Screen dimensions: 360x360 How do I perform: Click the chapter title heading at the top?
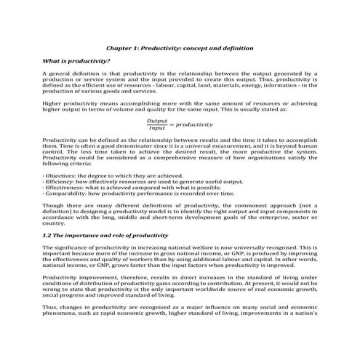point(180,48)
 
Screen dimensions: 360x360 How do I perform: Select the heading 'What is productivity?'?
point(76,62)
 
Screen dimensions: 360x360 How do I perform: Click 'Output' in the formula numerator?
point(156,121)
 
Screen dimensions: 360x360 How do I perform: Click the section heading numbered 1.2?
point(105,236)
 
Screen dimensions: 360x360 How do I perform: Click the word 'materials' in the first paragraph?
point(233,86)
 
